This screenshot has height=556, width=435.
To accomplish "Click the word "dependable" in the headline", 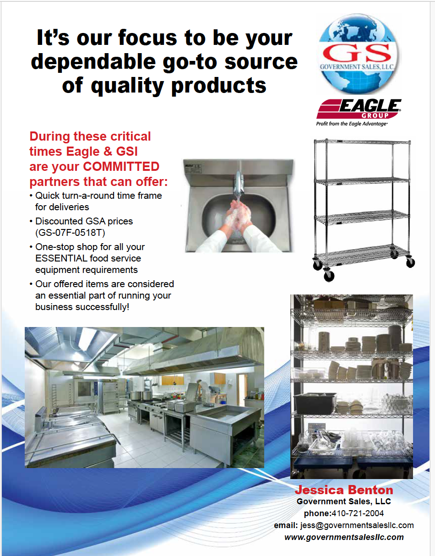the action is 93,62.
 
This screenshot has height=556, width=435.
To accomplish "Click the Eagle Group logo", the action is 359,109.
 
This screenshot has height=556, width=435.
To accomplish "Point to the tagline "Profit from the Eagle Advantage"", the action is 352,124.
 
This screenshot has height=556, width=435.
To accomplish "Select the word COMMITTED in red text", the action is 121,167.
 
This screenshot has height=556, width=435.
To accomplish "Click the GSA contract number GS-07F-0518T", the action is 70,233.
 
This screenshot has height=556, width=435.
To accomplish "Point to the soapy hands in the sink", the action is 237,216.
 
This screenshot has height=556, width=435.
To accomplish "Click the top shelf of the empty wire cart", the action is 362,142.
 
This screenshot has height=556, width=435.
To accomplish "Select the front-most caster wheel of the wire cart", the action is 328,275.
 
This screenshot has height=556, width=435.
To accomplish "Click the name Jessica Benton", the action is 344,490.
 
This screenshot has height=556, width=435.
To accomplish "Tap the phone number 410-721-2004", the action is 358,513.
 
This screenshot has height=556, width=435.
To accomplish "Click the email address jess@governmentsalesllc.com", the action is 357,525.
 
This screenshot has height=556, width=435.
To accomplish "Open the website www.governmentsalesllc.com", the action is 344,537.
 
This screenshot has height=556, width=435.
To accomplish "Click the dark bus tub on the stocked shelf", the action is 315,403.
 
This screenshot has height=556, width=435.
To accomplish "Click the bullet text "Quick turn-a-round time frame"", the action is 99,196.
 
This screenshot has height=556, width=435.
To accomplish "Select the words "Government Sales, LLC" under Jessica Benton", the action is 344,501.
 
